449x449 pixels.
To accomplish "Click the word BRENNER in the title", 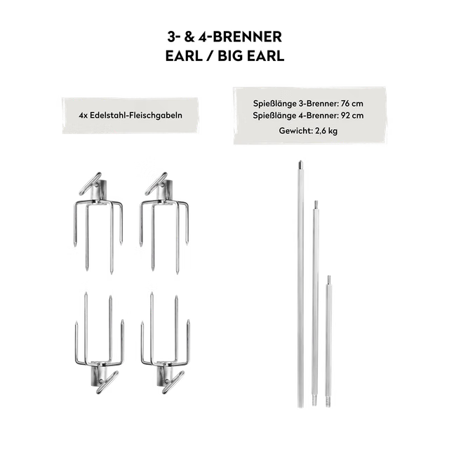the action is pos(248,37).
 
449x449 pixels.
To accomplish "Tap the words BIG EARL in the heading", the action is pos(251,55).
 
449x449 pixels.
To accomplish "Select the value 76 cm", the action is pos(352,103).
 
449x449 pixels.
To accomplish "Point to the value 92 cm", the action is pos(352,115).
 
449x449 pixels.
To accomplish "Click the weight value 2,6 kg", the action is pos(326,131).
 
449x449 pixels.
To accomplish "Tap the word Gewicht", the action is pos(296,131).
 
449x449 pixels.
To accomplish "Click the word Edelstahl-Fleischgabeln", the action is pos(136,115).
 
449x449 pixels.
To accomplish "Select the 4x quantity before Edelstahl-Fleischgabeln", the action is pos(83,115).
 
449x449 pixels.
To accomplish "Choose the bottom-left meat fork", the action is pos(98,343).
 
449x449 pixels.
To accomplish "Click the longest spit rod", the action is pos(300,284).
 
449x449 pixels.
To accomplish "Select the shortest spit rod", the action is pos(328,341).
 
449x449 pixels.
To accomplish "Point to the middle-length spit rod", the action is pos(315,303).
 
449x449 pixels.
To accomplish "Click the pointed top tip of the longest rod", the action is pos(300,161).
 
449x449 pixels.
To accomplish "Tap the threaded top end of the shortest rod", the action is pos(329,279).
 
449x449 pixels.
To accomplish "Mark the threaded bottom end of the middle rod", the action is pos(315,401).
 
